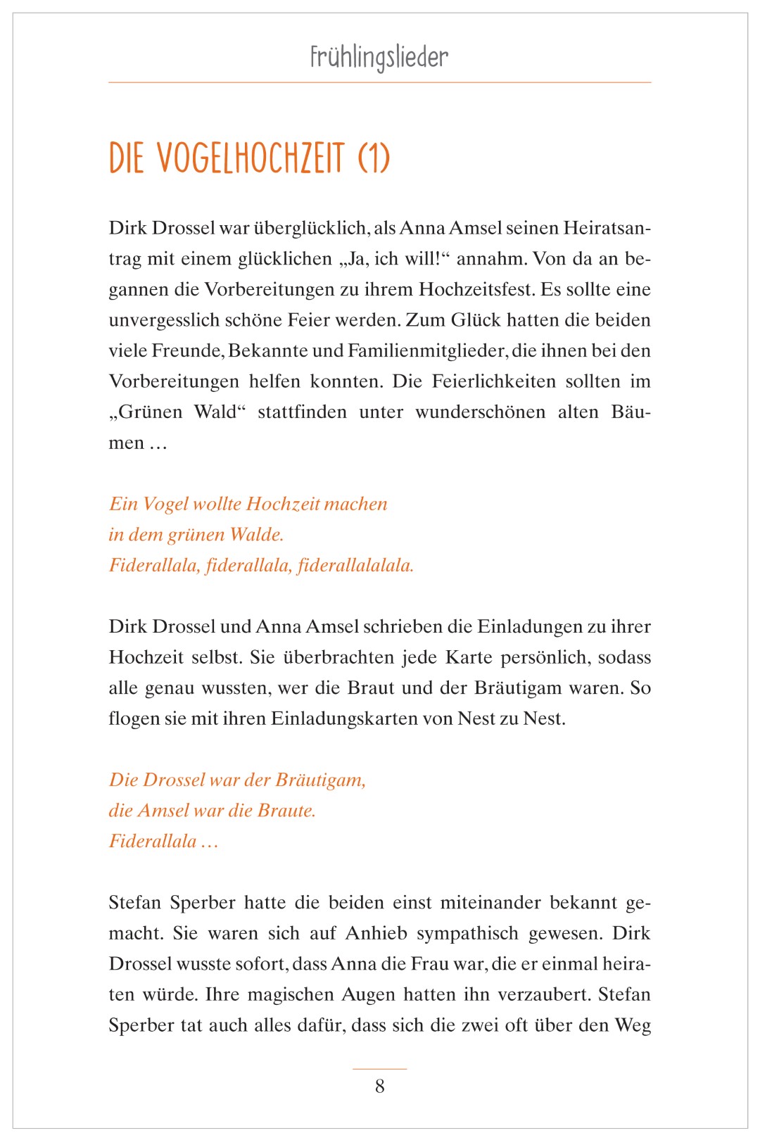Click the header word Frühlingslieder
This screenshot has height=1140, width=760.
click(379, 57)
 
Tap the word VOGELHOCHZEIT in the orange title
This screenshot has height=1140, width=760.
click(250, 158)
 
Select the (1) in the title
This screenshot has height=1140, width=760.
click(374, 158)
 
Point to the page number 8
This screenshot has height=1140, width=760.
click(380, 1087)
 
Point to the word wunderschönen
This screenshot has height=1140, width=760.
click(480, 412)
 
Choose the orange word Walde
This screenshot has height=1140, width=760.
click(256, 535)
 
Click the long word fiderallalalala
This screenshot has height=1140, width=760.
click(355, 566)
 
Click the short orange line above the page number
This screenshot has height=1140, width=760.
click(380, 1069)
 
